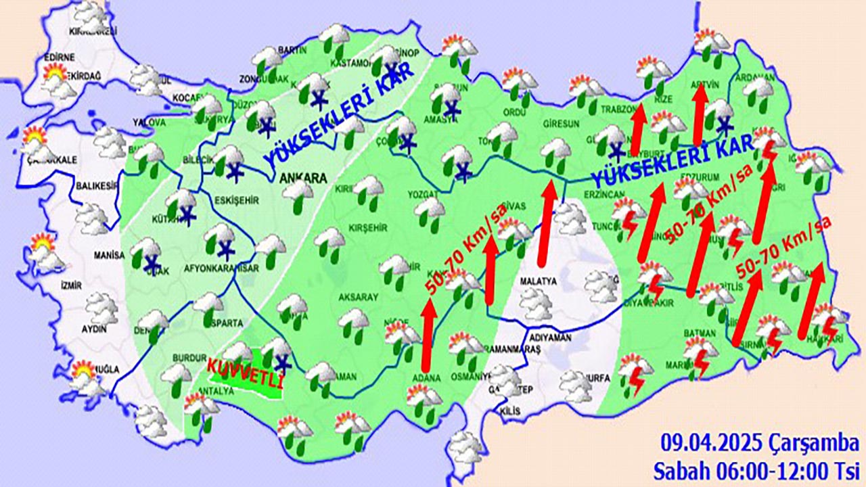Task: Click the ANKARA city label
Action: (302, 179)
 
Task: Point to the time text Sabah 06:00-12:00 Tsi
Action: (756, 468)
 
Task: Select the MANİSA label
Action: (110, 256)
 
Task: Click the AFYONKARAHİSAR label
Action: (221, 268)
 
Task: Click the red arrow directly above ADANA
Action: (427, 334)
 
